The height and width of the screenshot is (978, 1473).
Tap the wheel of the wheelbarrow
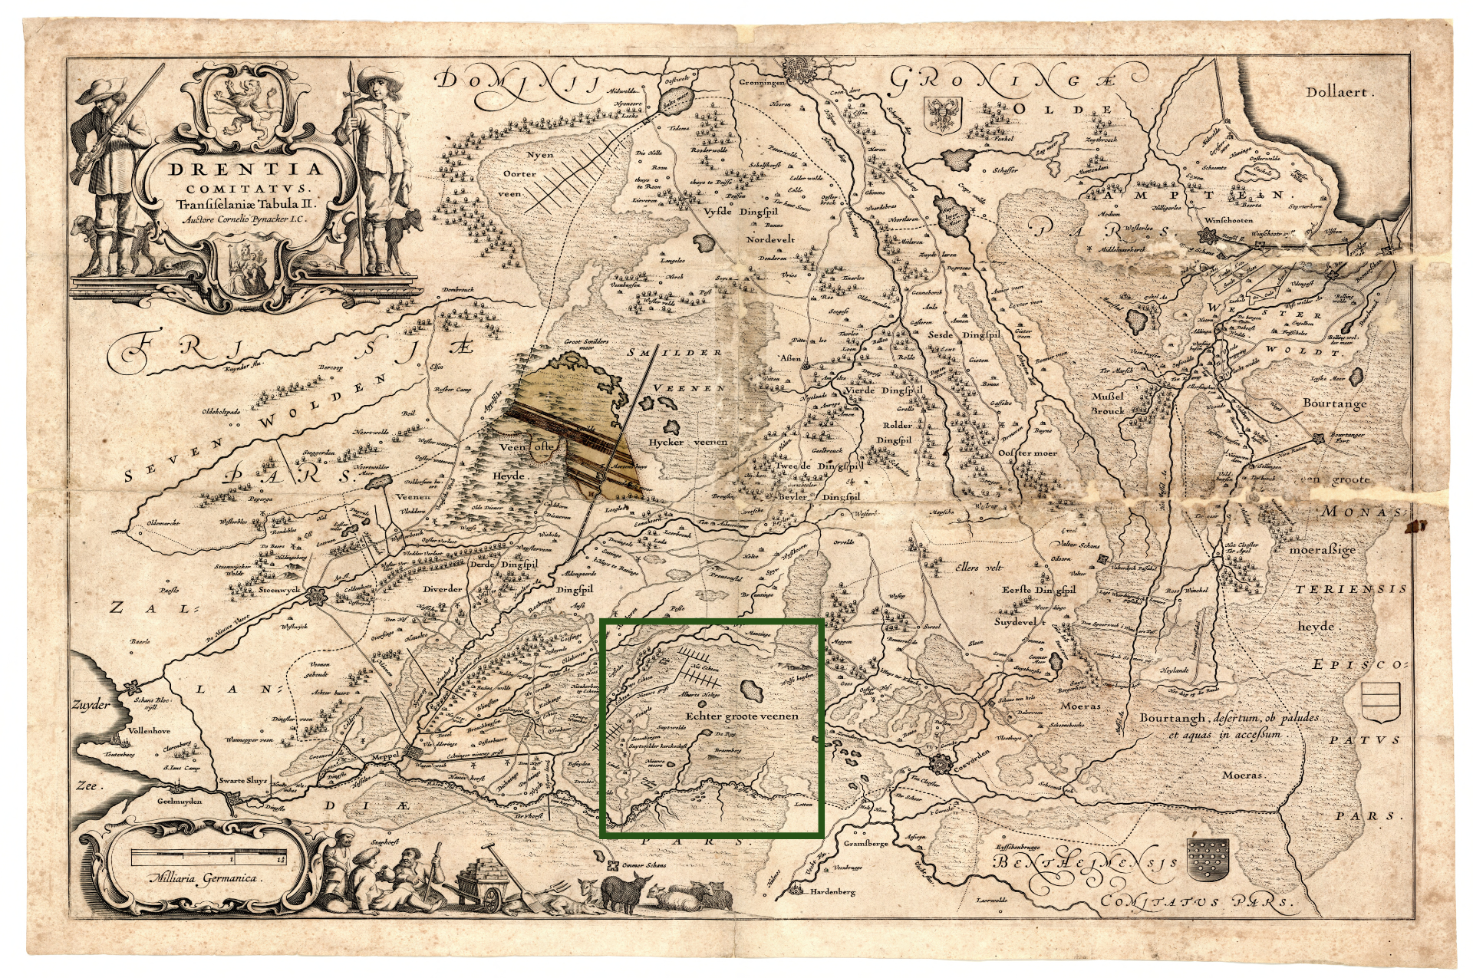491,898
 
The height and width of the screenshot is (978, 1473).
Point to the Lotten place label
802,805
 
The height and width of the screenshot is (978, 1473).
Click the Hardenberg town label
832,892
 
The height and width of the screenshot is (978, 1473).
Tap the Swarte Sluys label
242,781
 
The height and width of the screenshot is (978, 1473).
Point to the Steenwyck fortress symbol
315,595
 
